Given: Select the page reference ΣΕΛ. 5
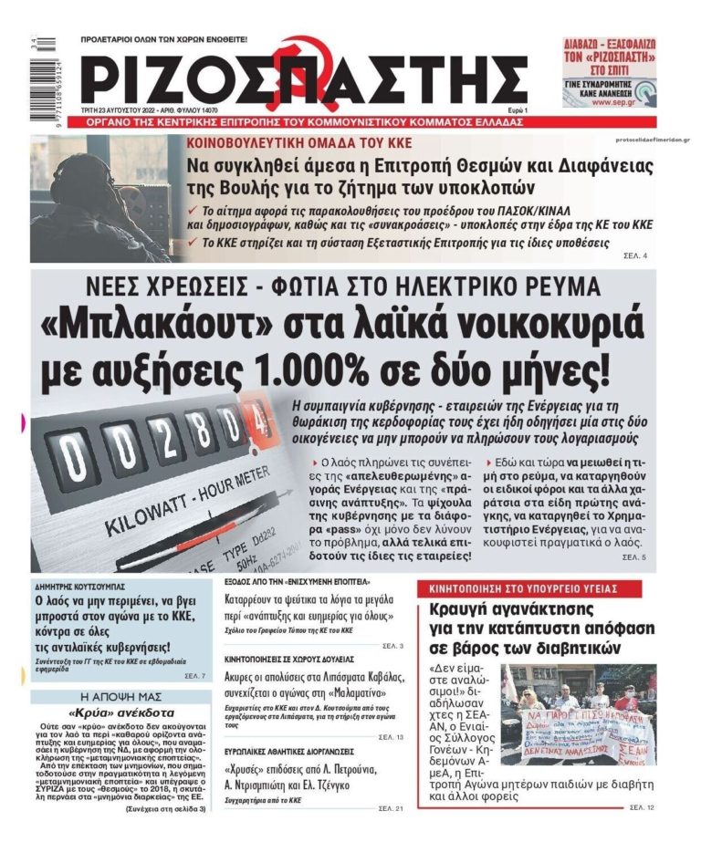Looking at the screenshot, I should (x=634, y=556).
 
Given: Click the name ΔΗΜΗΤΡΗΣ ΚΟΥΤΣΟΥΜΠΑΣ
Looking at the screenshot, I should (x=80, y=586).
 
